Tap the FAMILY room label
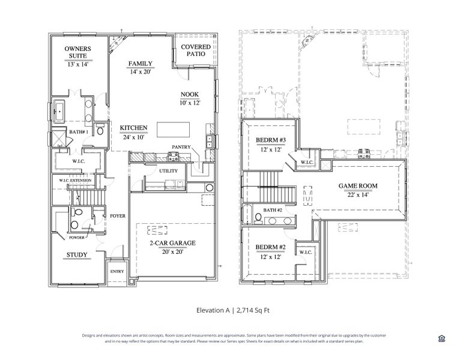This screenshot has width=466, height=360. pos(140,64)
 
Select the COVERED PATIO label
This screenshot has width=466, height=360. pos(196,50)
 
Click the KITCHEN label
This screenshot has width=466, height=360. pos(133,128)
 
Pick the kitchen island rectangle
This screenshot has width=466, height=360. pos(174,130)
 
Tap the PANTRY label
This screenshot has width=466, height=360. pos(181,146)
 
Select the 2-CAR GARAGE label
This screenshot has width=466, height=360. pos(172,243)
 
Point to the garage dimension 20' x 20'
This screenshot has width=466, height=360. pos(172,251)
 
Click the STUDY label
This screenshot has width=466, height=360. pos(77,255)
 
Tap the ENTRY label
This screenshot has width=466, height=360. pos(116,271)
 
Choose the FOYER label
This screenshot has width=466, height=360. pos(117,216)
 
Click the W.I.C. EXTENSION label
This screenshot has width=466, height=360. pos(75,181)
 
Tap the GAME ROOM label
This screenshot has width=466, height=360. pos(358,186)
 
